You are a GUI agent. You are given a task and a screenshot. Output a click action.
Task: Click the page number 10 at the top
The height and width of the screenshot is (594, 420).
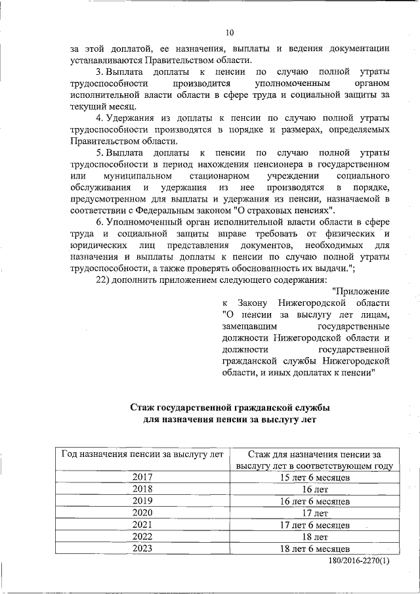pyautogui.click(x=229, y=33)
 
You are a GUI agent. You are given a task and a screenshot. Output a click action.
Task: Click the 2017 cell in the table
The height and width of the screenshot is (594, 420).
pyautogui.click(x=142, y=477)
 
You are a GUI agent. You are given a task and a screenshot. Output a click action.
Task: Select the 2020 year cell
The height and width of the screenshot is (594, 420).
pyautogui.click(x=142, y=513)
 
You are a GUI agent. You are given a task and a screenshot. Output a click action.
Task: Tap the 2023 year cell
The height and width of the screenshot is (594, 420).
pyautogui.click(x=142, y=548)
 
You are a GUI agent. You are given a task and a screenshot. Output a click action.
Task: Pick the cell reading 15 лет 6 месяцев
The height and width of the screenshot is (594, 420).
pyautogui.click(x=314, y=477)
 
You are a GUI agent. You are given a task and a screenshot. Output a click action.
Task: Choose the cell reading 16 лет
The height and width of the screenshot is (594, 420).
pyautogui.click(x=314, y=489)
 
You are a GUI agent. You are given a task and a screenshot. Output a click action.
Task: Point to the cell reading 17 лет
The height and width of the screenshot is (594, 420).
pyautogui.click(x=314, y=513)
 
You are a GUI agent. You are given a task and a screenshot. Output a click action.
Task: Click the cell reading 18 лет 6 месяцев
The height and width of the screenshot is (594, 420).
pyautogui.click(x=314, y=548)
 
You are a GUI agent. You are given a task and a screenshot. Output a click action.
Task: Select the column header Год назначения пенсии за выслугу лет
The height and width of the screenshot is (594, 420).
pyautogui.click(x=142, y=454)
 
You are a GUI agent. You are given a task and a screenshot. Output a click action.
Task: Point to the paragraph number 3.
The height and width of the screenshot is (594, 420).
pyautogui.click(x=100, y=71)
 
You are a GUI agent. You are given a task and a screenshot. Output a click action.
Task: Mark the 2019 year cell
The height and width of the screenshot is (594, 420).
pyautogui.click(x=142, y=501)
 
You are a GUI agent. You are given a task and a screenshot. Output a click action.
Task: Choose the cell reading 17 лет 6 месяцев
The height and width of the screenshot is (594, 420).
pyautogui.click(x=314, y=524)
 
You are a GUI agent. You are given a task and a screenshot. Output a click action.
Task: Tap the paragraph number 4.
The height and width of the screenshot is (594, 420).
pyautogui.click(x=100, y=118)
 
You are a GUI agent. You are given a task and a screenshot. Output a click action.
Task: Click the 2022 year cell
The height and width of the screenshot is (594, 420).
pyautogui.click(x=142, y=536)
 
